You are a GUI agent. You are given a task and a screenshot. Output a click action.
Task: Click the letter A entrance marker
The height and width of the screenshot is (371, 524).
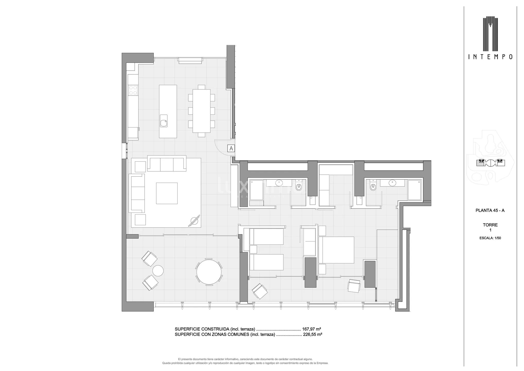[231, 148]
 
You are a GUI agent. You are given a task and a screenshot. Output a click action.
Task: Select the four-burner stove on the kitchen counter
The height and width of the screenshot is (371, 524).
[133, 90]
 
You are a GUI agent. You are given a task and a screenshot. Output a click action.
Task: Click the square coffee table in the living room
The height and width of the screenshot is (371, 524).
[167, 193]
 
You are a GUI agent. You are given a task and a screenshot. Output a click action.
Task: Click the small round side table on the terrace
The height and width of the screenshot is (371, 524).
[158, 271]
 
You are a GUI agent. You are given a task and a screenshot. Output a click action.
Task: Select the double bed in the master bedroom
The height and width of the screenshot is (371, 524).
[336, 250]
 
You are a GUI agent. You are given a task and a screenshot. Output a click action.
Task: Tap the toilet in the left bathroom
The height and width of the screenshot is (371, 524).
[299, 187]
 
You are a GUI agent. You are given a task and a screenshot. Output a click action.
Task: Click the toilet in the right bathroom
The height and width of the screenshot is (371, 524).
[373, 187]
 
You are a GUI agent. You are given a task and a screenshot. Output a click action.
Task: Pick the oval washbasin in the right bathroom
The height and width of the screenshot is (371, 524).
[392, 183]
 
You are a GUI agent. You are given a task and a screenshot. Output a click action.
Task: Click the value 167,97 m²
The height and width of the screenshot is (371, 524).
[311, 329]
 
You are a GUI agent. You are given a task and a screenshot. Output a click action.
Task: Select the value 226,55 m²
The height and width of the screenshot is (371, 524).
[312, 334]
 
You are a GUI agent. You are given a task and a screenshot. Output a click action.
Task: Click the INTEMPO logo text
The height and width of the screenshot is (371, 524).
[490, 57]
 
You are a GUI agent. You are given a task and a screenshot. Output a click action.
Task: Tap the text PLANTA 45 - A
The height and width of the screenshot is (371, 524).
[490, 210]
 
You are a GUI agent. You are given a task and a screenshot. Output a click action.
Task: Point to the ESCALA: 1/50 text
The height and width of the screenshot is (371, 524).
[490, 238]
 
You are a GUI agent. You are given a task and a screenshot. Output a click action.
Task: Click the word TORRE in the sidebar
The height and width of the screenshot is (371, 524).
[490, 225]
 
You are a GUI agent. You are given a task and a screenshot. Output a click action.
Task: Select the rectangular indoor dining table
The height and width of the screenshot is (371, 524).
[202, 111]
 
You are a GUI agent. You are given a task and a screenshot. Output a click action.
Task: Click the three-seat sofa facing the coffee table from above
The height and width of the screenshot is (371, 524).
[167, 164]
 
